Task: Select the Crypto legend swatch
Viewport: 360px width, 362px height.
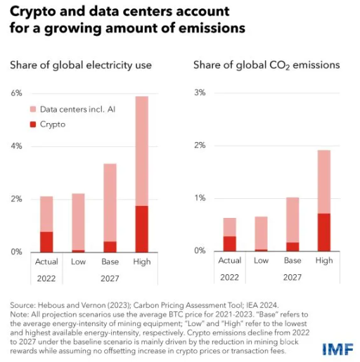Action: point(33,124)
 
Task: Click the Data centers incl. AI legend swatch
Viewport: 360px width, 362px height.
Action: point(33,110)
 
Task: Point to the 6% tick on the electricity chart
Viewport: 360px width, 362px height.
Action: point(15,93)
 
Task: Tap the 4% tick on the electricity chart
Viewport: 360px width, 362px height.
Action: point(15,146)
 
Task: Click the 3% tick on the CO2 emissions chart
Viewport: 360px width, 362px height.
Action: point(200,93)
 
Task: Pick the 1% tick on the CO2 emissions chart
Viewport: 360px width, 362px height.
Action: point(200,198)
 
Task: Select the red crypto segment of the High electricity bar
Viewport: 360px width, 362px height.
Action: point(141,228)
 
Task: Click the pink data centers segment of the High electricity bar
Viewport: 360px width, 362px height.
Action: point(141,150)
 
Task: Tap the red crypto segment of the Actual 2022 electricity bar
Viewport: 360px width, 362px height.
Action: point(46,241)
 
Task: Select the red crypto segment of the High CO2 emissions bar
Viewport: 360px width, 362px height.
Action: point(323,232)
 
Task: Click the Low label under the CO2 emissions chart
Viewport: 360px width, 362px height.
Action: point(261,261)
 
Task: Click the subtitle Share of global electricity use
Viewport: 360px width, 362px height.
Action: point(81,65)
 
